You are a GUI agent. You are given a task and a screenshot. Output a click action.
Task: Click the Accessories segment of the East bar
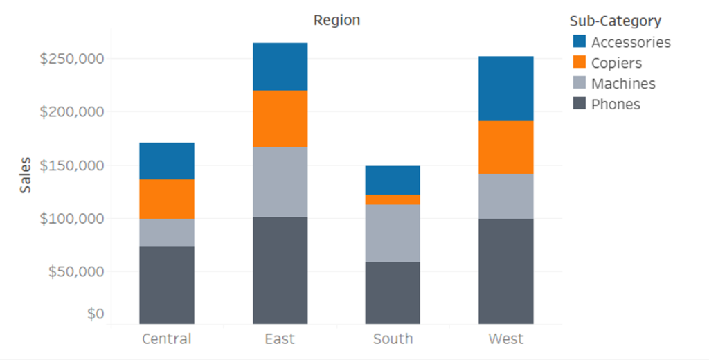[x=280, y=66]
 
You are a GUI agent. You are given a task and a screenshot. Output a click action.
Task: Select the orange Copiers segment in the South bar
[x=393, y=199]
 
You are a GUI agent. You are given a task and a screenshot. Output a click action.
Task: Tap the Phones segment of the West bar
[x=506, y=271]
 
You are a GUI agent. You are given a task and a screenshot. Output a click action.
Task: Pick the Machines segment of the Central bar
[x=167, y=233]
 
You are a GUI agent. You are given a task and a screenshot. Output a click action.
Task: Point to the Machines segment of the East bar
[x=280, y=181]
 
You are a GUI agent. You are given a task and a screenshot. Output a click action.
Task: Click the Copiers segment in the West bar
[x=506, y=147]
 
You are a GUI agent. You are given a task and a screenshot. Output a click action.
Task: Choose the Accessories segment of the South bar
[x=393, y=180]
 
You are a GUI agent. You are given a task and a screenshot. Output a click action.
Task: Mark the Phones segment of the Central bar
[x=167, y=285]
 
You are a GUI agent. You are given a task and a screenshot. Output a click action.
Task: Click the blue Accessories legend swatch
[x=580, y=42]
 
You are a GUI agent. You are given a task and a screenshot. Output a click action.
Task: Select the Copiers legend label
[x=616, y=63]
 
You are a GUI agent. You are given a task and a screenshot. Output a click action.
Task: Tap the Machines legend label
[x=623, y=84]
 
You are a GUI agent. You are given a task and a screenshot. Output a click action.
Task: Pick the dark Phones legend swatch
[x=580, y=105]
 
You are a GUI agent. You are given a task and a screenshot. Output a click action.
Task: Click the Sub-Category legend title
[x=615, y=21]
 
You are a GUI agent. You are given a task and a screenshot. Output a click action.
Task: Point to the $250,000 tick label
[x=72, y=58]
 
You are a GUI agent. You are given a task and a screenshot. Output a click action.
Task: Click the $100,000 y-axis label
[x=72, y=218]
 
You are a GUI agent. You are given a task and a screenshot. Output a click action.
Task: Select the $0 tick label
[x=96, y=314]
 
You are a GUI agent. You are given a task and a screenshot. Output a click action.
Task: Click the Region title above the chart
[x=336, y=20]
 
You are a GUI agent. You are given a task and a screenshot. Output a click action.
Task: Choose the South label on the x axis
[x=393, y=339]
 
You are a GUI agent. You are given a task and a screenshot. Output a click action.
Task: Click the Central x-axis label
[x=167, y=339]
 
